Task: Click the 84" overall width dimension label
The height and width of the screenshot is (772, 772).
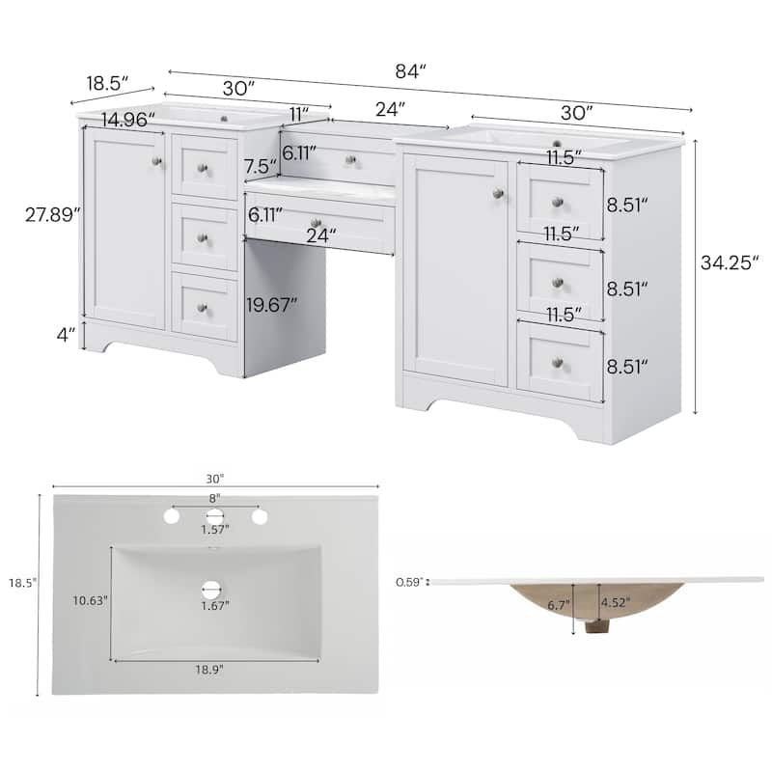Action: [410, 69]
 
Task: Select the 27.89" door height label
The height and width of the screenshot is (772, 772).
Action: [51, 215]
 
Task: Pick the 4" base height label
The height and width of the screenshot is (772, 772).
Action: [65, 336]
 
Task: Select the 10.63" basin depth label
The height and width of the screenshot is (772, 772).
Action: [89, 599]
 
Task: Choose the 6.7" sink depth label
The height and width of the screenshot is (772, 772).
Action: [558, 606]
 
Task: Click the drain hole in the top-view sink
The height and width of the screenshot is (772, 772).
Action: [211, 587]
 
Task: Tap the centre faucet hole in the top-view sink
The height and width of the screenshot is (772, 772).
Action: [214, 516]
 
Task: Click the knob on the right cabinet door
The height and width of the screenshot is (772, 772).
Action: [497, 194]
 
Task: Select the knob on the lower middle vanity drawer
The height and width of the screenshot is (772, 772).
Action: [315, 224]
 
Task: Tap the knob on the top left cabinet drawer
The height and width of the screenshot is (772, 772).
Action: [203, 168]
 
